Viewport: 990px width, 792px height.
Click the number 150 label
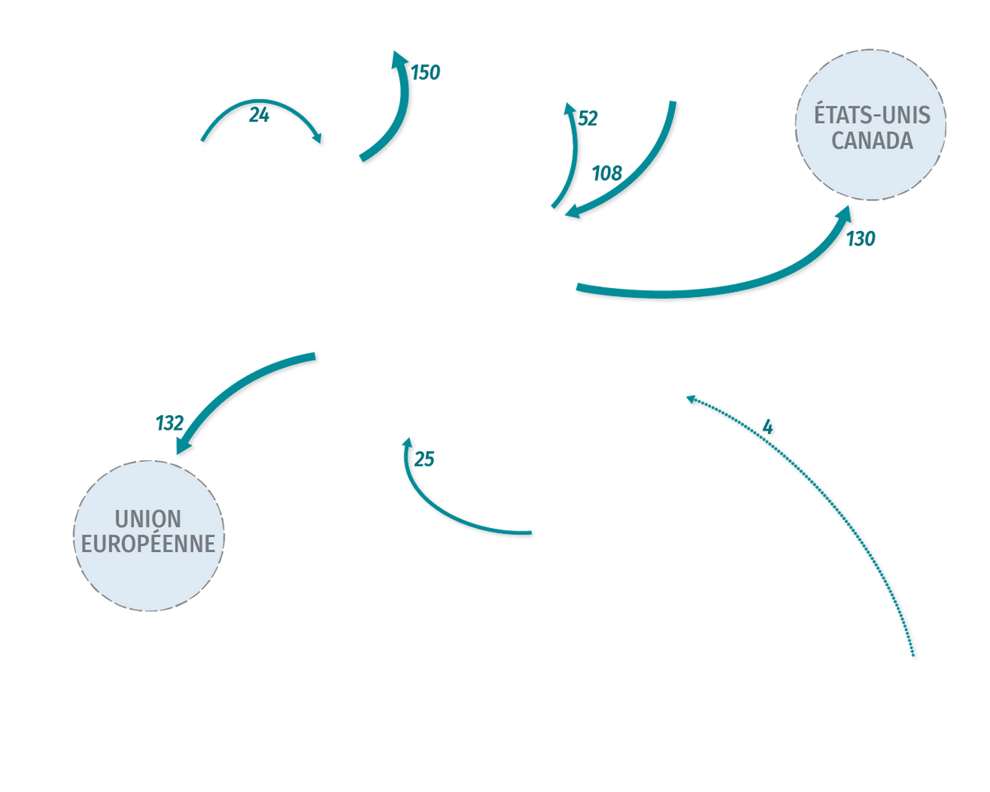point(425,73)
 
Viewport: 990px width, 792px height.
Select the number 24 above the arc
point(259,115)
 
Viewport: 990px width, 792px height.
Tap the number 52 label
point(587,119)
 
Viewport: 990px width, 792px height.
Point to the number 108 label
point(607,173)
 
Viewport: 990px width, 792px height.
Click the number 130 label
point(860,239)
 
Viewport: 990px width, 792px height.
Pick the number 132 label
point(170,423)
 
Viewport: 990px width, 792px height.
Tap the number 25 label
point(424,459)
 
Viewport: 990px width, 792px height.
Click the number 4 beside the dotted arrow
point(767,427)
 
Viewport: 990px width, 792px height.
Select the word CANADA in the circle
point(872,140)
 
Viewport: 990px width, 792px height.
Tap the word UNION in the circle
point(148,518)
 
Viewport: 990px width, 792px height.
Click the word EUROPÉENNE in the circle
point(148,543)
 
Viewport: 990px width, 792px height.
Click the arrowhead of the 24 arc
point(317,138)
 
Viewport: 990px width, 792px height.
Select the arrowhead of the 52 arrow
point(569,109)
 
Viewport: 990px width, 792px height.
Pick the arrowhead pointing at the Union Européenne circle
point(183,445)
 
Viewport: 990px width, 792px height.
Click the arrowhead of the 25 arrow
point(407,443)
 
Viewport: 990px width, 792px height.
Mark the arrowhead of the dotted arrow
point(691,399)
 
